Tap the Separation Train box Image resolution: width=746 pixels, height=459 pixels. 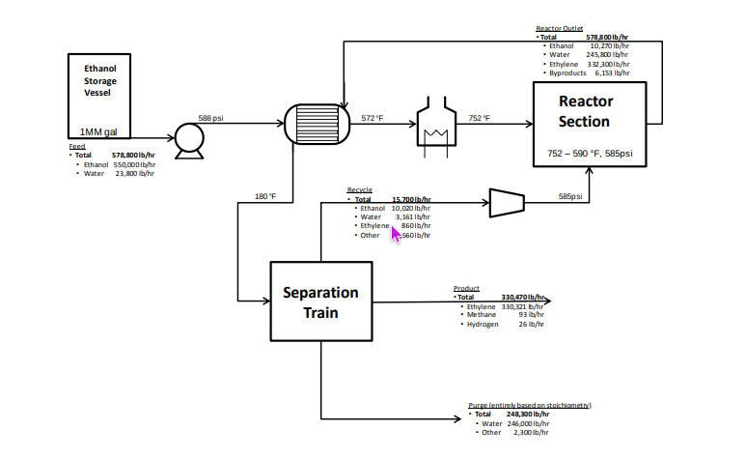point(320,301)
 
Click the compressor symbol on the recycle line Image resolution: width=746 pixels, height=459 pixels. point(508,202)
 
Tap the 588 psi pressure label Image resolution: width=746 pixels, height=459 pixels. point(211,118)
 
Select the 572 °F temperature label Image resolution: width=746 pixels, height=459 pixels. point(373,118)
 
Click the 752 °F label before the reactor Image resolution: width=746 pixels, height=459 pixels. point(480,118)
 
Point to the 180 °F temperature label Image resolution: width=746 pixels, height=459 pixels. point(265,197)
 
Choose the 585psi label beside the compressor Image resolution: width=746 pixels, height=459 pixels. point(570,197)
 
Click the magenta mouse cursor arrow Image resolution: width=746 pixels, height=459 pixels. point(395,232)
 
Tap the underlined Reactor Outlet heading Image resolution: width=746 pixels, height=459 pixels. point(560,28)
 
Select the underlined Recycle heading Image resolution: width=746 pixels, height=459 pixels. point(359,190)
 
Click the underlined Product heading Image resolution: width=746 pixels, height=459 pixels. point(466,288)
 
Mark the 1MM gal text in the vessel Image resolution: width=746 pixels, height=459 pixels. point(99,131)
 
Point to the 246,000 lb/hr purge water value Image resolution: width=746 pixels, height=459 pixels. point(528,423)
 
